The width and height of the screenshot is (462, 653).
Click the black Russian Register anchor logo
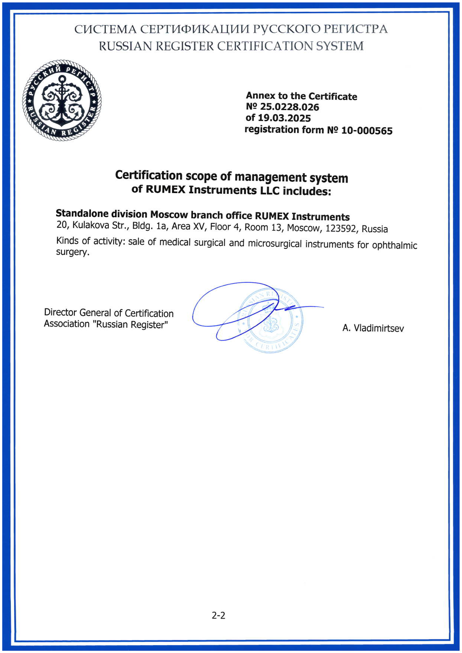click(x=62, y=100)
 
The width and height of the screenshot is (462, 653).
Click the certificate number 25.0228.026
click(x=290, y=107)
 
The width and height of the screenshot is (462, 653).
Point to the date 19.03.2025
click(x=284, y=118)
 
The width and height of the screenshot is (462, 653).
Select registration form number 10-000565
click(x=367, y=131)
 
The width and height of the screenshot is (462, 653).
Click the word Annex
click(x=260, y=96)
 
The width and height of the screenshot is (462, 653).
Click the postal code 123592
click(x=341, y=229)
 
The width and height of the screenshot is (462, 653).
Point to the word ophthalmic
click(x=395, y=245)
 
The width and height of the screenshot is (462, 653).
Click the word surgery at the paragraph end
click(x=72, y=252)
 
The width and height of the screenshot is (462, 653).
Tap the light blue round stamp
click(x=271, y=320)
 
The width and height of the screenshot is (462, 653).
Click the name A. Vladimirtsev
click(x=373, y=328)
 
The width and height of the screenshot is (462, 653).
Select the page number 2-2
click(x=219, y=616)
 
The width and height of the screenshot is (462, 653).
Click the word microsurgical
click(x=275, y=243)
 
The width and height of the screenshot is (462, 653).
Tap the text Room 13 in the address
click(x=263, y=227)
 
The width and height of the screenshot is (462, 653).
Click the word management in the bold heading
click(x=270, y=177)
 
